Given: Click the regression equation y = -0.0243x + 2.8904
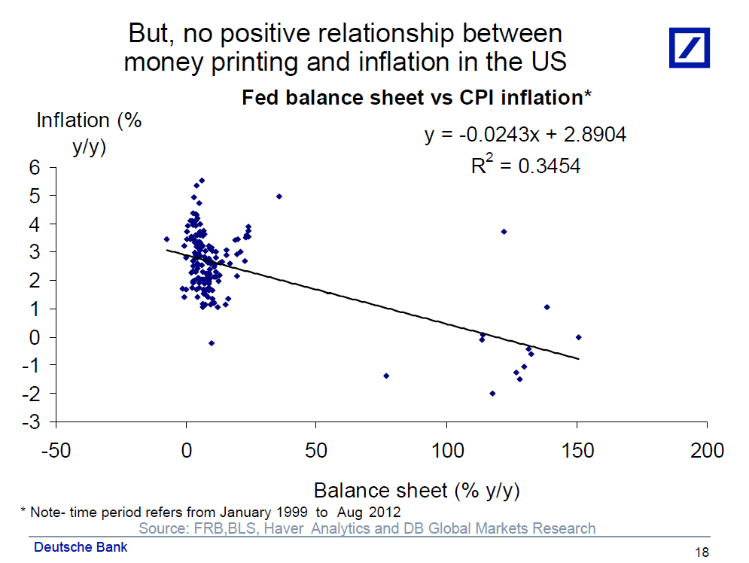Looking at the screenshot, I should pos(525,135).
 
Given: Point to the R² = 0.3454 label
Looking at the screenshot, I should pos(525,166).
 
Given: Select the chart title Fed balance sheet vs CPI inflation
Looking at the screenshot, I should pos(417,97).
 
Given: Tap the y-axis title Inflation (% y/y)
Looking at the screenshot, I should pos(90,132).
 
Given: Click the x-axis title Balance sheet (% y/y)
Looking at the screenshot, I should pos(416,490).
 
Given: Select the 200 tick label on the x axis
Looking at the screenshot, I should pos(707,451).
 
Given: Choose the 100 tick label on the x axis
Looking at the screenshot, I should pos(447,451).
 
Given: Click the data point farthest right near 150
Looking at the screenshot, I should pos(578,337).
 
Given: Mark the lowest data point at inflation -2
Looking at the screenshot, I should pos(492,394).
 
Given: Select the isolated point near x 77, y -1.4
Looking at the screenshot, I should pos(386,376).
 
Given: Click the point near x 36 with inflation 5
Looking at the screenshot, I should pos(279,196).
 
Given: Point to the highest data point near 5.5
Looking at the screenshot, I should pos(202,181).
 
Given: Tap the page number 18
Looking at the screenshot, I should pos(702,552).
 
